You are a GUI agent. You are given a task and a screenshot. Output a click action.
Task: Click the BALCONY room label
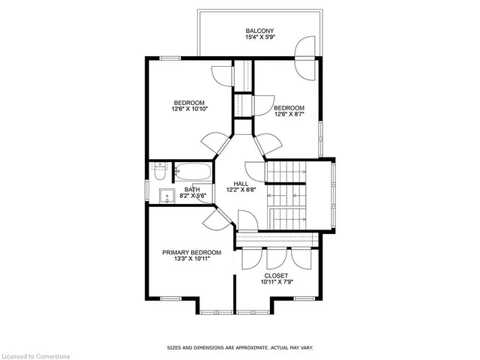(259, 31)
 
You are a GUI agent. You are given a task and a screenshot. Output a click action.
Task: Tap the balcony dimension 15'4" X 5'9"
(259, 37)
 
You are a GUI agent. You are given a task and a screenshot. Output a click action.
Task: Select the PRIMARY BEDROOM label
(192, 253)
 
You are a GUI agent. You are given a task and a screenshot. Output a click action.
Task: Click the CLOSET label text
(276, 275)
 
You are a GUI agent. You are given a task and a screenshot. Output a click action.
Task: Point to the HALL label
(241, 184)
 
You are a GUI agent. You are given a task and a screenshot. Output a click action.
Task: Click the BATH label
(192, 190)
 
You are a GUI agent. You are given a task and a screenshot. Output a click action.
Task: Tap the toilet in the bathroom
(160, 172)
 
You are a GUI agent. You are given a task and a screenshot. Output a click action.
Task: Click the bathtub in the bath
(193, 172)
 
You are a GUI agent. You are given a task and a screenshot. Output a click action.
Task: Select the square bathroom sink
(166, 196)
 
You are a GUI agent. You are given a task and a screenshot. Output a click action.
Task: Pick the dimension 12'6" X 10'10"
(190, 109)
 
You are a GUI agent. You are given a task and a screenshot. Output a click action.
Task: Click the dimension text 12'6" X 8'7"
(289, 114)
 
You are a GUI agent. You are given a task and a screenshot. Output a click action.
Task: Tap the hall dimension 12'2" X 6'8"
(241, 190)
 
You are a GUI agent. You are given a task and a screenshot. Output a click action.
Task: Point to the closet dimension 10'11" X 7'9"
(277, 282)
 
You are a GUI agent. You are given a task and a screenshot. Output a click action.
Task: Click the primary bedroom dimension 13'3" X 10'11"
(192, 259)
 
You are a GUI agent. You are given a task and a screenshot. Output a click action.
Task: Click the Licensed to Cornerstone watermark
(35, 356)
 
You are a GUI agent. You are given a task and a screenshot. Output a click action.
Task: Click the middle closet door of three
(277, 259)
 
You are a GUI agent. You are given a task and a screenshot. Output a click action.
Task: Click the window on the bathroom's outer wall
(147, 190)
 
